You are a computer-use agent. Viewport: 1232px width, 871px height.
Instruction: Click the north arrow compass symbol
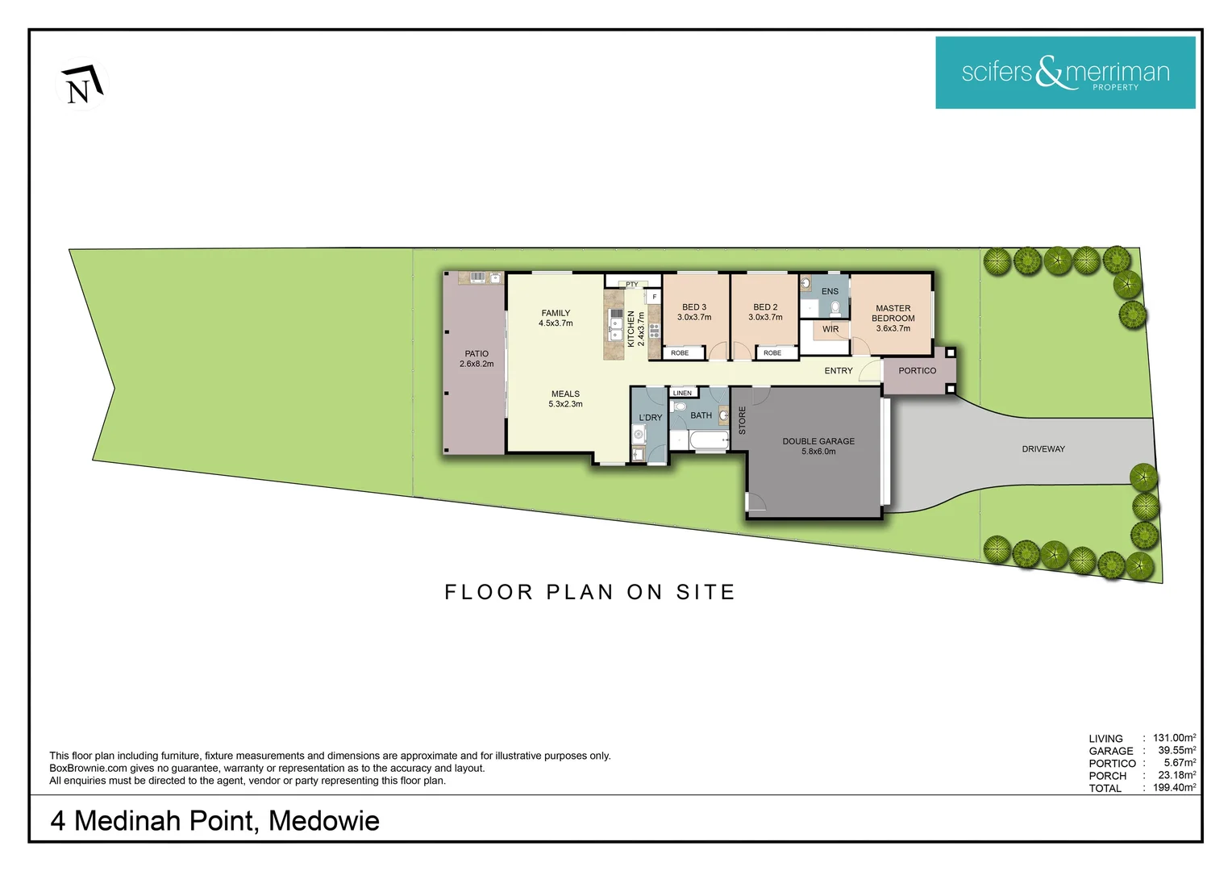point(82,84)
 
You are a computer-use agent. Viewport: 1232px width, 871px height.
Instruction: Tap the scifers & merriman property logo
point(1065,73)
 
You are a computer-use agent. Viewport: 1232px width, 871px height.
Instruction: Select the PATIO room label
point(477,354)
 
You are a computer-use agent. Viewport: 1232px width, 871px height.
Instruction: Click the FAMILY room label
point(556,313)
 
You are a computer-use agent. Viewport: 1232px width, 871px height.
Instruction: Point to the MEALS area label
point(565,394)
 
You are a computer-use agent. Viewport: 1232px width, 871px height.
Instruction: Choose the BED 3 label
point(694,307)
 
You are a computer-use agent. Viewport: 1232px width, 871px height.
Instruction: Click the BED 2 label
point(765,307)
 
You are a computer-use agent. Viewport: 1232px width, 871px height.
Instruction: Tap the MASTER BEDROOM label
point(893,313)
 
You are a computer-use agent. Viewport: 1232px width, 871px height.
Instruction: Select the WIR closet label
point(830,330)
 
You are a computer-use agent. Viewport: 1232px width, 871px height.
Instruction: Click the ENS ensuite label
point(830,292)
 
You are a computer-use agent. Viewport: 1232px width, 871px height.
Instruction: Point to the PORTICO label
point(918,371)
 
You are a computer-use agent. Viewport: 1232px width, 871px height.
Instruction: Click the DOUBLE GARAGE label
point(818,441)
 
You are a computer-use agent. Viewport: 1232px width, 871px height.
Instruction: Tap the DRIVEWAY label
point(1043,449)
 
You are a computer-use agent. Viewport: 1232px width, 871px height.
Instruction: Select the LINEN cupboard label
point(682,394)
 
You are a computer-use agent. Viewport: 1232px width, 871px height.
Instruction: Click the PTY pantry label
point(632,285)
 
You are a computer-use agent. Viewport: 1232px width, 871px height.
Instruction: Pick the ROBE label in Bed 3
point(680,352)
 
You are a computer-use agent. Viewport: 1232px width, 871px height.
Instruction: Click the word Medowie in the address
point(324,821)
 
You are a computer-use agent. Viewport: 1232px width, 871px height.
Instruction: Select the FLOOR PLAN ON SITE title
point(589,592)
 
